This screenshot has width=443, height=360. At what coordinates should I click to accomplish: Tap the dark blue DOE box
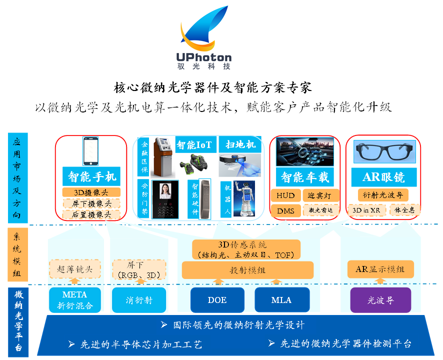tap(217, 300)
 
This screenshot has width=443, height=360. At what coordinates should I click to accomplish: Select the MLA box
tap(281, 300)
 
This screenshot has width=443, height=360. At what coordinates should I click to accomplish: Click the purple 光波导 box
tap(380, 300)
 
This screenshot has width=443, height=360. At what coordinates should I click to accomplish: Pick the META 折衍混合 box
tap(74, 300)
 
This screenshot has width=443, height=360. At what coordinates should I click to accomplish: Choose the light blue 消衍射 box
tap(139, 300)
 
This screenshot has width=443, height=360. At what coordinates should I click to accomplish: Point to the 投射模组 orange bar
tap(247, 270)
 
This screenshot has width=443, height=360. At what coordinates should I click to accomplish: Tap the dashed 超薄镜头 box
tap(74, 269)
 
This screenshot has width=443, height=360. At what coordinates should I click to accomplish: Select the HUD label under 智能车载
tap(285, 195)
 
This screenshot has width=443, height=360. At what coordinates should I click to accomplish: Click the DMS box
tap(285, 210)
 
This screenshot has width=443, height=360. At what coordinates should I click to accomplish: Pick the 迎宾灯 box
tap(321, 195)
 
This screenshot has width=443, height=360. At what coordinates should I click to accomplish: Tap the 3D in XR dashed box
tap(366, 210)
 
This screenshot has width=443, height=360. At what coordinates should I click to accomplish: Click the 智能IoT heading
tap(194, 145)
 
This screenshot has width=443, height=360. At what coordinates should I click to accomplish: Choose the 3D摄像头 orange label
tap(91, 192)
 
